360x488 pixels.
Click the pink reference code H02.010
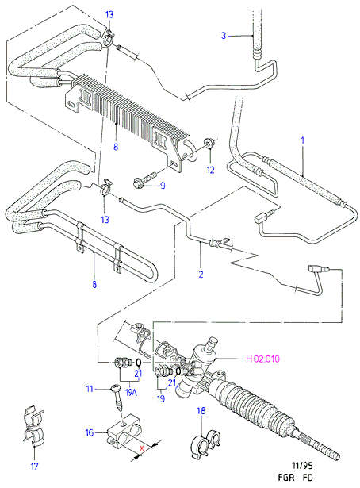262,359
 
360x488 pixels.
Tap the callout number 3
224,36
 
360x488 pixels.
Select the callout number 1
303,140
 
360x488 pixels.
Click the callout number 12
211,170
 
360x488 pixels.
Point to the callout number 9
163,186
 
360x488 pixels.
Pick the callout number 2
201,275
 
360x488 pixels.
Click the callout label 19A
131,393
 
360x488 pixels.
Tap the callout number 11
90,389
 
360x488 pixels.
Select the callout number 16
90,432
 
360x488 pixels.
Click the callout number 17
35,467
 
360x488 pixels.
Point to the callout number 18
201,411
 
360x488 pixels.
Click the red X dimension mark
142,448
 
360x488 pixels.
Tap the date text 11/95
302,466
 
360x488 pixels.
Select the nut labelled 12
208,143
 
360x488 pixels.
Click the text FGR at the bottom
286,478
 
